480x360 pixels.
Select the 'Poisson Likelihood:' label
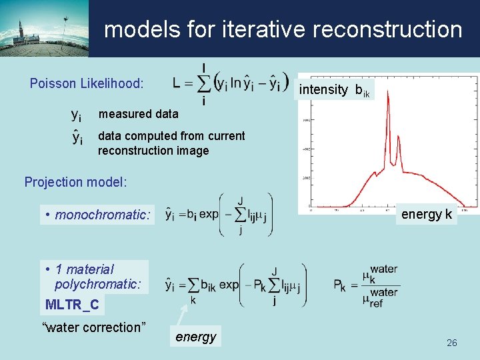tap(87, 83)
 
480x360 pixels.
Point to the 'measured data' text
tap(138, 114)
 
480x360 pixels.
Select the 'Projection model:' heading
tap(75, 182)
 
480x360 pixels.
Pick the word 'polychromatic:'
tap(98, 285)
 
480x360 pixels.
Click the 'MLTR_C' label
tap(71, 305)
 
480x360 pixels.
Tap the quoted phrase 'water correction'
tap(93, 327)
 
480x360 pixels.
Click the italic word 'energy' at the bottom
tap(195, 337)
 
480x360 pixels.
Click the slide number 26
tap(451, 343)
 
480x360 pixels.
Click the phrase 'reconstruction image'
tap(153, 151)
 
